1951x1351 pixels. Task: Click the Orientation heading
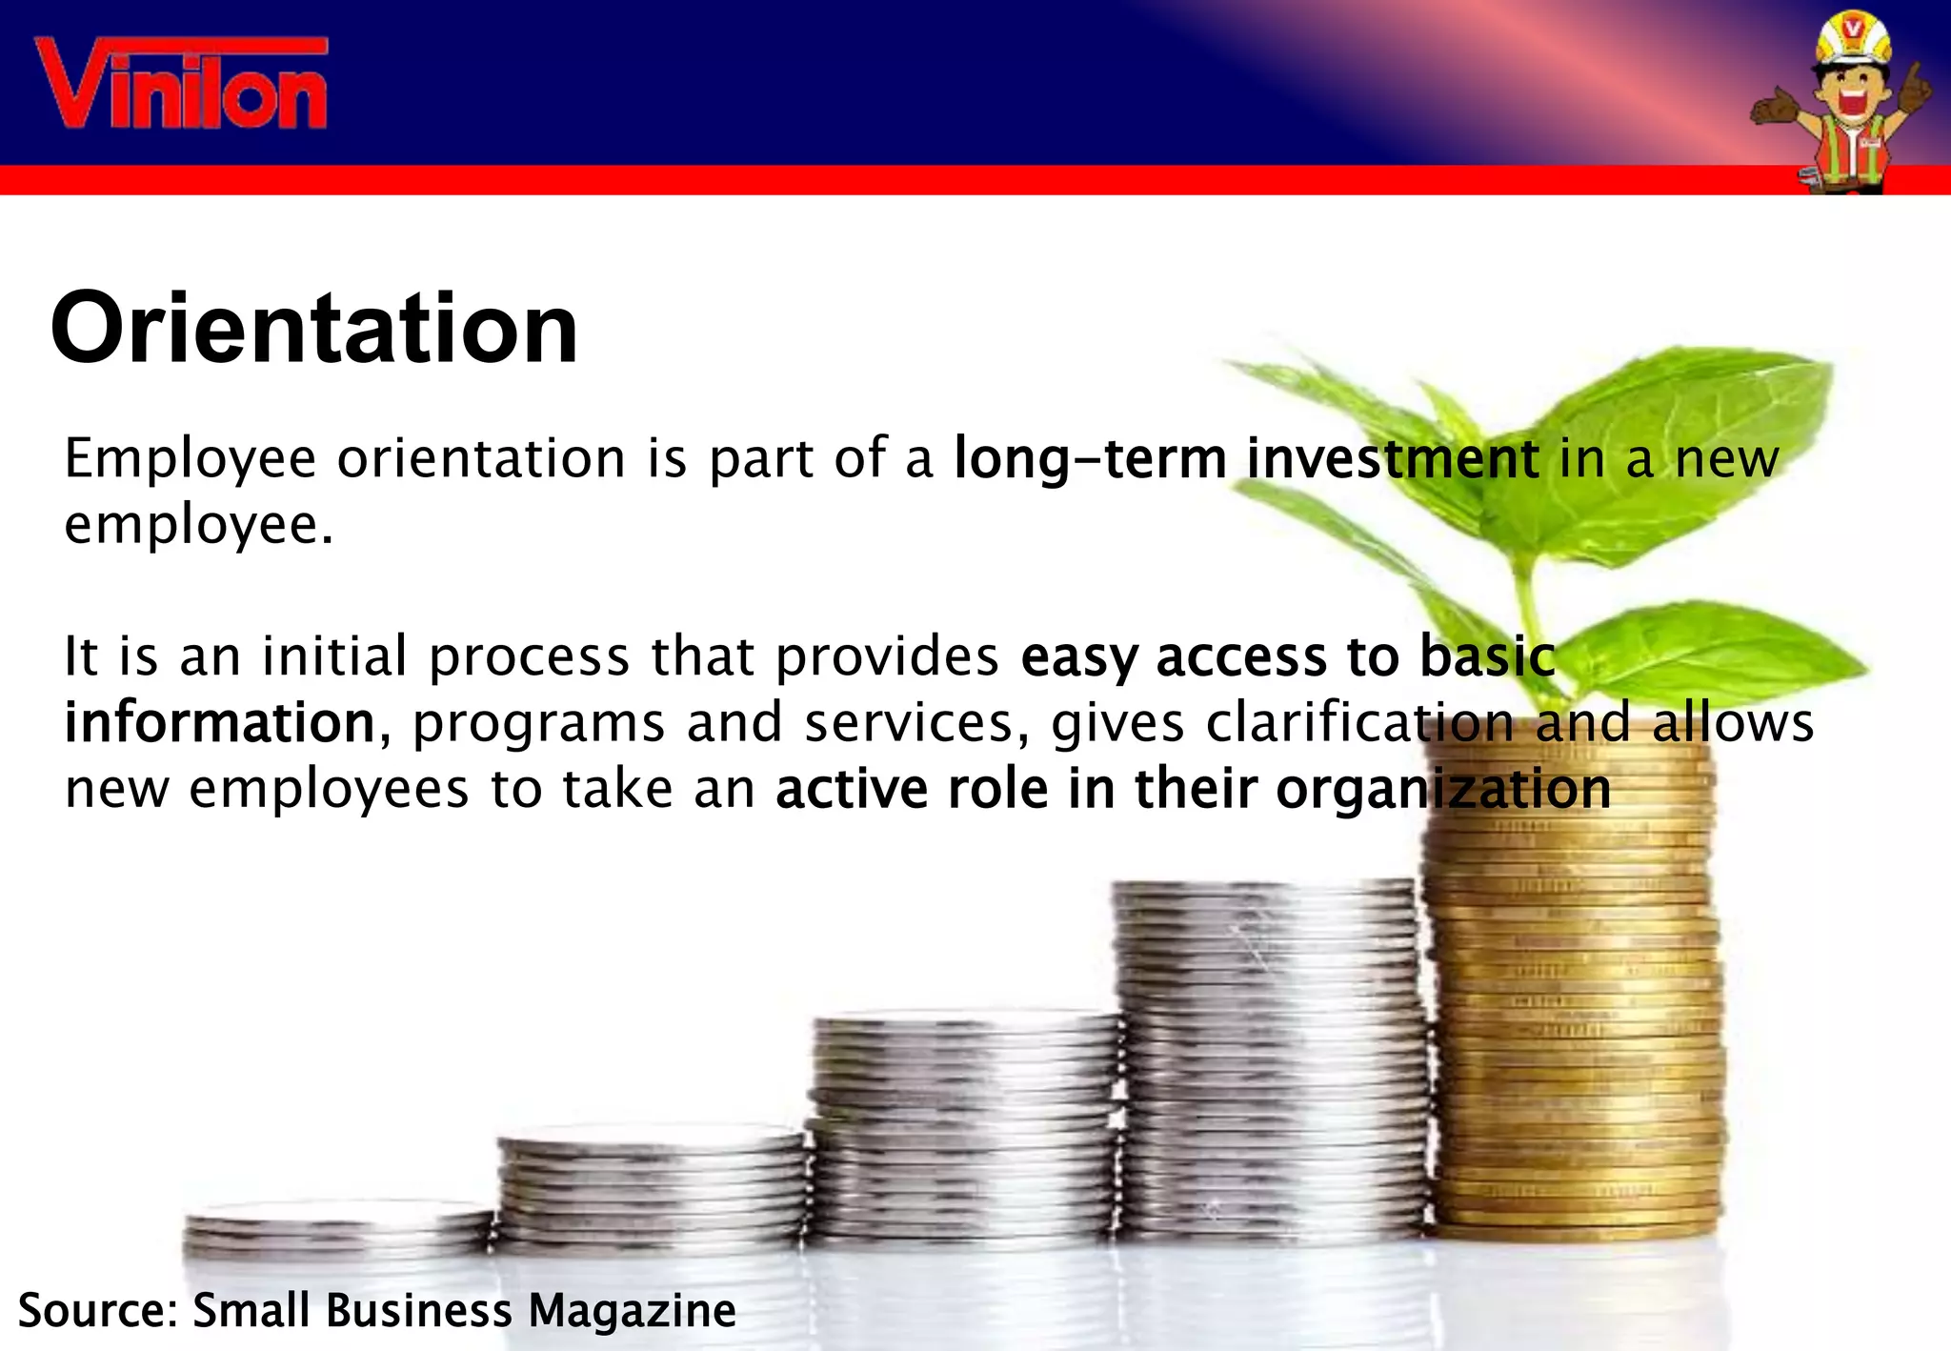[314, 329]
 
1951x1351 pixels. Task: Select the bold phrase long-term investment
[1246, 458]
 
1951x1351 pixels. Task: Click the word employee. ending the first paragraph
[198, 525]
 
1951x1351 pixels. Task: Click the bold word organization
[1443, 789]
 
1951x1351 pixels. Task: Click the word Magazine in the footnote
[632, 1311]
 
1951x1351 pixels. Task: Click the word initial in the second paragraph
[333, 656]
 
